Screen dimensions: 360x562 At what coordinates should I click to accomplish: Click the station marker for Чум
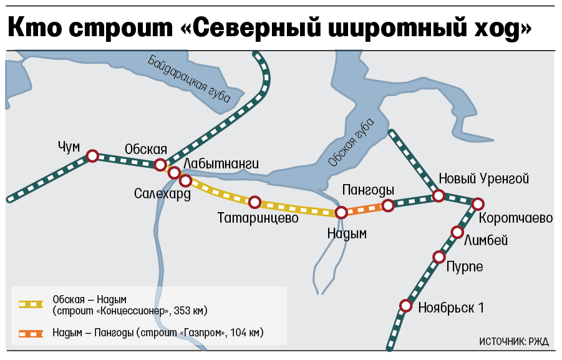pos(92,156)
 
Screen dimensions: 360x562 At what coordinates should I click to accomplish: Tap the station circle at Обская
pos(160,165)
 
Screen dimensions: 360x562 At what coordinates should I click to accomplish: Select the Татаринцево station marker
pos(254,202)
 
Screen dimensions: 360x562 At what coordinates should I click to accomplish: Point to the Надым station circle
pos(341,213)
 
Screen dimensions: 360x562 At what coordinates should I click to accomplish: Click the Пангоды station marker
pos(388,205)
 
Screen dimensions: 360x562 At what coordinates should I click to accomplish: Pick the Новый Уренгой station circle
pos(438,196)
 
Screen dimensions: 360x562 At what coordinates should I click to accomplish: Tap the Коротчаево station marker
pos(478,204)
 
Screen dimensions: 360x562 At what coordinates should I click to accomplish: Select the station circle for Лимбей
pos(457,233)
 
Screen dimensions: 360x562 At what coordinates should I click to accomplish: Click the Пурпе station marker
pos(438,257)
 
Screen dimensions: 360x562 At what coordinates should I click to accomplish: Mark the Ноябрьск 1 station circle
pos(406,306)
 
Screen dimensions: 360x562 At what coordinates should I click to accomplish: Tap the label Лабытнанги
pos(221,163)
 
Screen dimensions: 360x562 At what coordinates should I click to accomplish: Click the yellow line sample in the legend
pos(31,304)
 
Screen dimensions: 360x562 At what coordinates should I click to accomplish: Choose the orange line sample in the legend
pos(31,333)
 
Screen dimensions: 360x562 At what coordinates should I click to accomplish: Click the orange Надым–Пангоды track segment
pos(364,209)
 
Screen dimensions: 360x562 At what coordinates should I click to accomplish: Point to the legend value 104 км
pos(246,333)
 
